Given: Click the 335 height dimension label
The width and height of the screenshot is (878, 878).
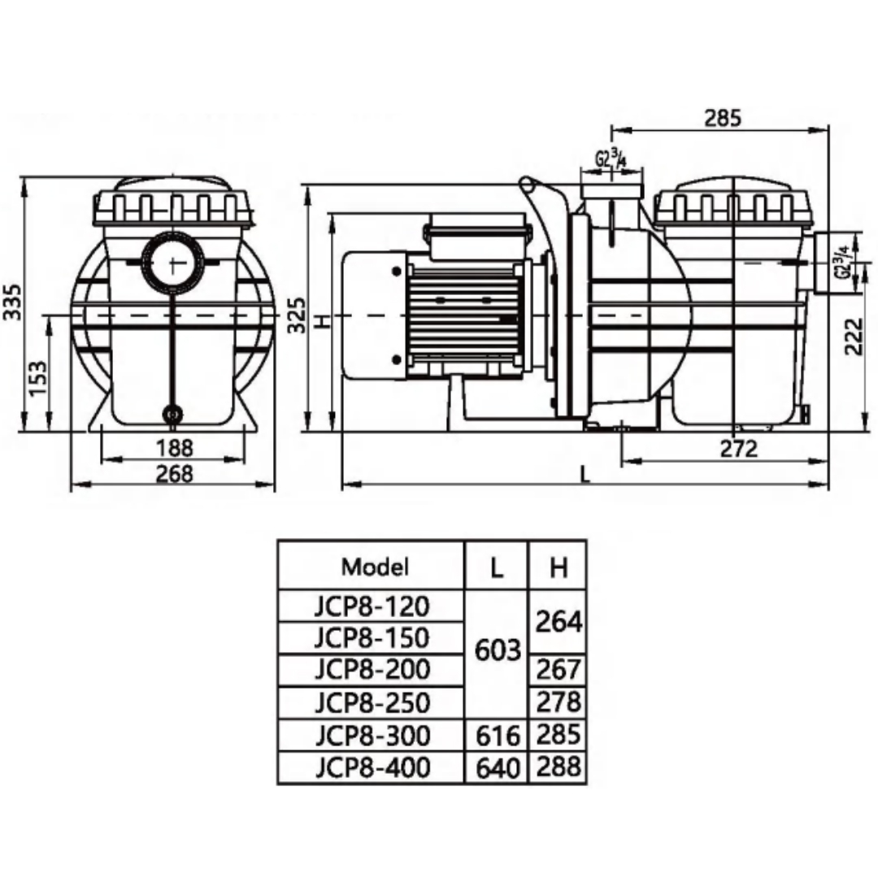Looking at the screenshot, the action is click(x=12, y=302).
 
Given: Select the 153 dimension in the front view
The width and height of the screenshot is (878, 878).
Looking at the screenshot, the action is click(x=38, y=379).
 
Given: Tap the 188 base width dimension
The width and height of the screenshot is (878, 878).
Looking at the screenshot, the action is click(x=174, y=448).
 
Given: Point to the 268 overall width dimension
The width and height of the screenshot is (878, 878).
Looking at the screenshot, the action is click(x=174, y=474).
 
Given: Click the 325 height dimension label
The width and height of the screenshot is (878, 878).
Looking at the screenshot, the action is click(x=297, y=315).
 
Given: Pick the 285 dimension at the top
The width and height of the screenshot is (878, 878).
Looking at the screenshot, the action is click(x=723, y=118).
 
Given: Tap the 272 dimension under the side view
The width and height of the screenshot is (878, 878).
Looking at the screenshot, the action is click(x=738, y=449).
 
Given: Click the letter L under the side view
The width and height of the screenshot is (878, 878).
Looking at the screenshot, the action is click(x=585, y=475).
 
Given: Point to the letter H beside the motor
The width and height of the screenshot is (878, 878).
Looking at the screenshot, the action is click(x=321, y=321).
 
